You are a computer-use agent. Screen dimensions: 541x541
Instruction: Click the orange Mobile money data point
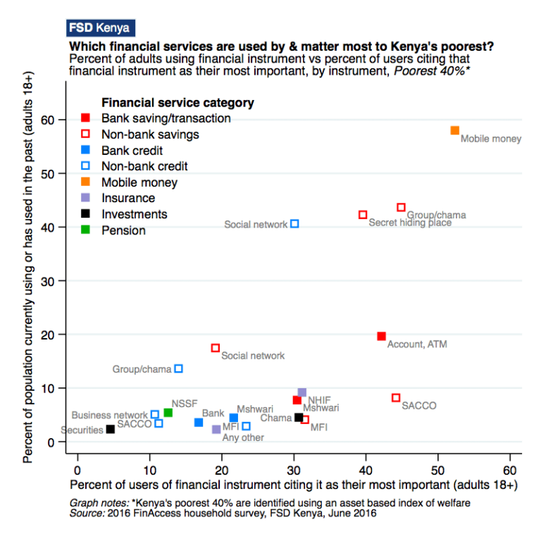[x=455, y=130]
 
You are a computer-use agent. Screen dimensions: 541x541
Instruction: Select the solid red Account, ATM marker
[x=381, y=336]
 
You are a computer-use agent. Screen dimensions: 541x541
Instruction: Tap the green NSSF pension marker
[x=168, y=413]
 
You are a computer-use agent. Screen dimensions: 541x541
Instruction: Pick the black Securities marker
[x=111, y=429]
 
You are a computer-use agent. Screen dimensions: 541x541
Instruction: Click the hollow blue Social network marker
[x=294, y=223]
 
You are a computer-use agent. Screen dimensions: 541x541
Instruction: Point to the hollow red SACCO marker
[x=396, y=398]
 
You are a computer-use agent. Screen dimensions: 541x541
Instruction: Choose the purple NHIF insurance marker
[x=302, y=392]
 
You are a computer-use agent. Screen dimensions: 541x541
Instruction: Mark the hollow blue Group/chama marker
[x=178, y=368]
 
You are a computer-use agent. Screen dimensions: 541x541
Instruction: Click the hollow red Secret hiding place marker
[x=363, y=215]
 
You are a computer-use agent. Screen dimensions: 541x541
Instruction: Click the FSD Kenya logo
[x=101, y=28]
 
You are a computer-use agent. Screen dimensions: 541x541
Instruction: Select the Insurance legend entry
[x=118, y=198]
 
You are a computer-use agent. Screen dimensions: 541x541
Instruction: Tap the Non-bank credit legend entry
[x=135, y=166]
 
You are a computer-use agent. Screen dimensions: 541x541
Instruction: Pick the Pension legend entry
[x=113, y=230]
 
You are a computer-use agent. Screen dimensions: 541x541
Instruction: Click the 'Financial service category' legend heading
[x=178, y=103]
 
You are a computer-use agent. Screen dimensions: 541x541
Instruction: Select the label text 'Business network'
[x=109, y=415]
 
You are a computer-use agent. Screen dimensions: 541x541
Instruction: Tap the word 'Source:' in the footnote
[x=87, y=514]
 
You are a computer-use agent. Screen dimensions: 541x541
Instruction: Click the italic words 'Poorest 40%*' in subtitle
[x=432, y=71]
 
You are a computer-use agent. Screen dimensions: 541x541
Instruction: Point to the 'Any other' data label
[x=243, y=437]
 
